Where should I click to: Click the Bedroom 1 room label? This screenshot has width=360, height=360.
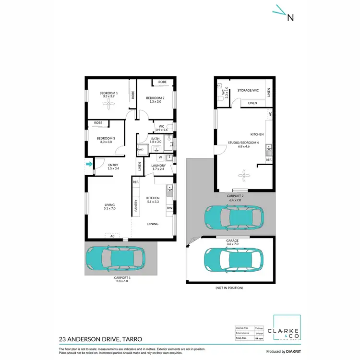(108, 93)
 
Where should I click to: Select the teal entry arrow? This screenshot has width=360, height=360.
(89, 165)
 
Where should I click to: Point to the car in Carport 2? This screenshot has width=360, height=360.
(234, 218)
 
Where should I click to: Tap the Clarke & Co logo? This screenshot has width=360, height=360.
(287, 331)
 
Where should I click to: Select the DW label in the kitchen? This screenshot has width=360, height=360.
(169, 208)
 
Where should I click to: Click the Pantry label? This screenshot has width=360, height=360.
(136, 205)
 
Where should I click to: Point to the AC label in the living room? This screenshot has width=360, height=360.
(112, 236)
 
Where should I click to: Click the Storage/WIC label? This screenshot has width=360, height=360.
(248, 90)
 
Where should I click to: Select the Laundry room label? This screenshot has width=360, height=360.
(158, 166)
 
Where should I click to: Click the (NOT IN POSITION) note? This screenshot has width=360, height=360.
(230, 288)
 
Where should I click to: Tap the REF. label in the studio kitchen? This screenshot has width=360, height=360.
(268, 160)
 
